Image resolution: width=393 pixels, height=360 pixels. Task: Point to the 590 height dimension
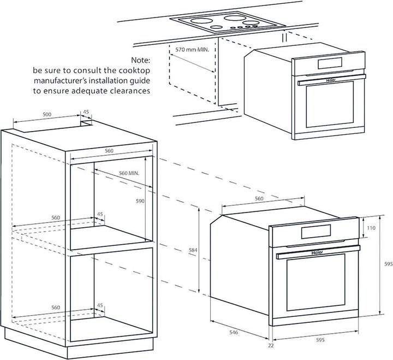[x=140, y=201]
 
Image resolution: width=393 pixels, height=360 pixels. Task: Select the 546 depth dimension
[x=234, y=332]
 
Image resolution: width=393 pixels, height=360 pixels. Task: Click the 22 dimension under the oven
[x=271, y=346]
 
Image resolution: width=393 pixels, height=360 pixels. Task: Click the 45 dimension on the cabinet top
[x=86, y=113]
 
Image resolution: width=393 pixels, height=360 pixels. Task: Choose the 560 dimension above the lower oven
[x=259, y=199]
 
